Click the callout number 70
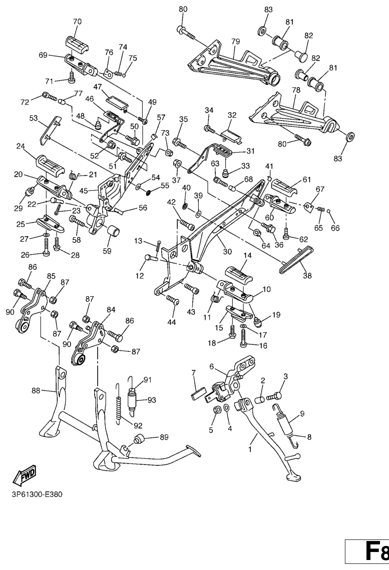(x=77, y=22)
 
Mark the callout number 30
(x=227, y=251)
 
